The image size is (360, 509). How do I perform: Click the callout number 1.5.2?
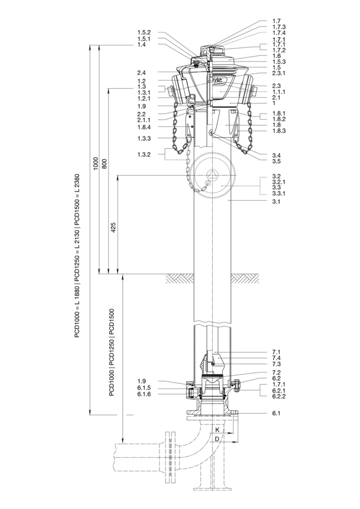[144, 33]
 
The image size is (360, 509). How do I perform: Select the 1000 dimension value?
[96, 164]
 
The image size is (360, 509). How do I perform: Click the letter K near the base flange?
[217, 430]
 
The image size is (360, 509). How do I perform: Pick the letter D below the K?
[217, 439]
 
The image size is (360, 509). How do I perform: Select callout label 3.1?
[276, 202]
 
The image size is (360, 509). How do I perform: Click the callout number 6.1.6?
[144, 394]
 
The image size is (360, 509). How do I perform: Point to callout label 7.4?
[276, 358]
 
